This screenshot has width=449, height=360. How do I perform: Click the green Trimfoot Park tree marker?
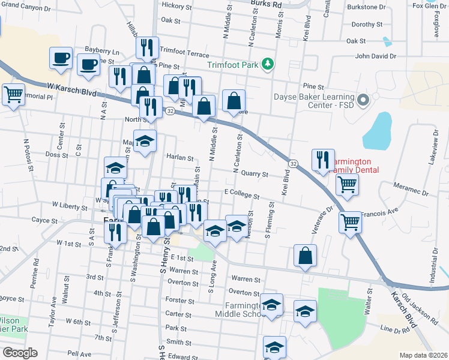(270, 64)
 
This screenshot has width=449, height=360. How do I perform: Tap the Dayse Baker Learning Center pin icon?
(363, 100)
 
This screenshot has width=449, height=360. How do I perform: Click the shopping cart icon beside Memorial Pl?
(13, 94)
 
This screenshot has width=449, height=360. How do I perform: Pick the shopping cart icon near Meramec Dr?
(347, 185)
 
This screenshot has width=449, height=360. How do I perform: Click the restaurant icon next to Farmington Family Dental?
(323, 160)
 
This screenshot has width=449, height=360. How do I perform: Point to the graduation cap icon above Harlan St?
(144, 141)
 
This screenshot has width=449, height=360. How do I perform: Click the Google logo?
(19, 353)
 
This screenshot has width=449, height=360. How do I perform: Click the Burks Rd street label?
(265, 4)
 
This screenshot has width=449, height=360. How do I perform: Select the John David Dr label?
(376, 56)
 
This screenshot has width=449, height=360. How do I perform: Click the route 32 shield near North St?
(170, 111)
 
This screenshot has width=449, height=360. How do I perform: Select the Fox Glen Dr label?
(430, 6)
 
